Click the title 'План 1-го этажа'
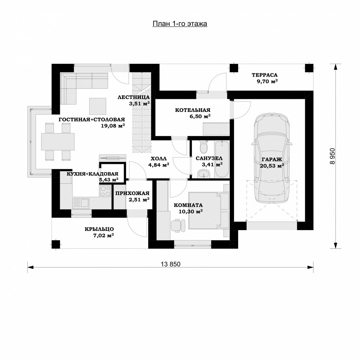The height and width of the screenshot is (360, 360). click(x=180, y=24)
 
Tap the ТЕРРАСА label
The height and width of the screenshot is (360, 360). click(x=264, y=75)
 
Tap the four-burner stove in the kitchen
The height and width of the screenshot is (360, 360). click(x=106, y=191)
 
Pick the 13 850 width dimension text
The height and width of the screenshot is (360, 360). click(x=171, y=264)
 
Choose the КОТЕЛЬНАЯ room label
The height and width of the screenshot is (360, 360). click(x=193, y=110)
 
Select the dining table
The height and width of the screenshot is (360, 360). click(x=58, y=142)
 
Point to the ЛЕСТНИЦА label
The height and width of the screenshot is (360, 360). click(x=133, y=97)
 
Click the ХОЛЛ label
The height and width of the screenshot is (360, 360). click(x=159, y=159)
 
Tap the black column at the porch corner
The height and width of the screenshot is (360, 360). click(x=56, y=244)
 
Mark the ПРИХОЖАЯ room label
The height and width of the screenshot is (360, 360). click(x=132, y=193)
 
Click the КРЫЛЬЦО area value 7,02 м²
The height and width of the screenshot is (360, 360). click(x=104, y=235)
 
